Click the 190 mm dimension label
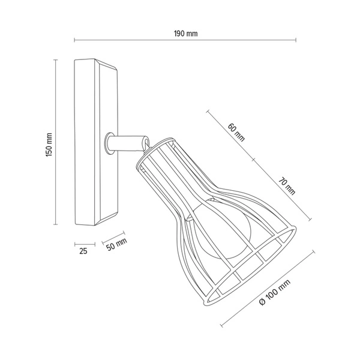click(x=184, y=34)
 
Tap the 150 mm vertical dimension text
click(x=50, y=143)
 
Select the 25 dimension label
click(x=83, y=251)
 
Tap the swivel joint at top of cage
click(x=147, y=142)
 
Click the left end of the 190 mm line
click(x=74, y=40)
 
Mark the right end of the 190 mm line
click(x=296, y=40)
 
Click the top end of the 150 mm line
click(x=56, y=58)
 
